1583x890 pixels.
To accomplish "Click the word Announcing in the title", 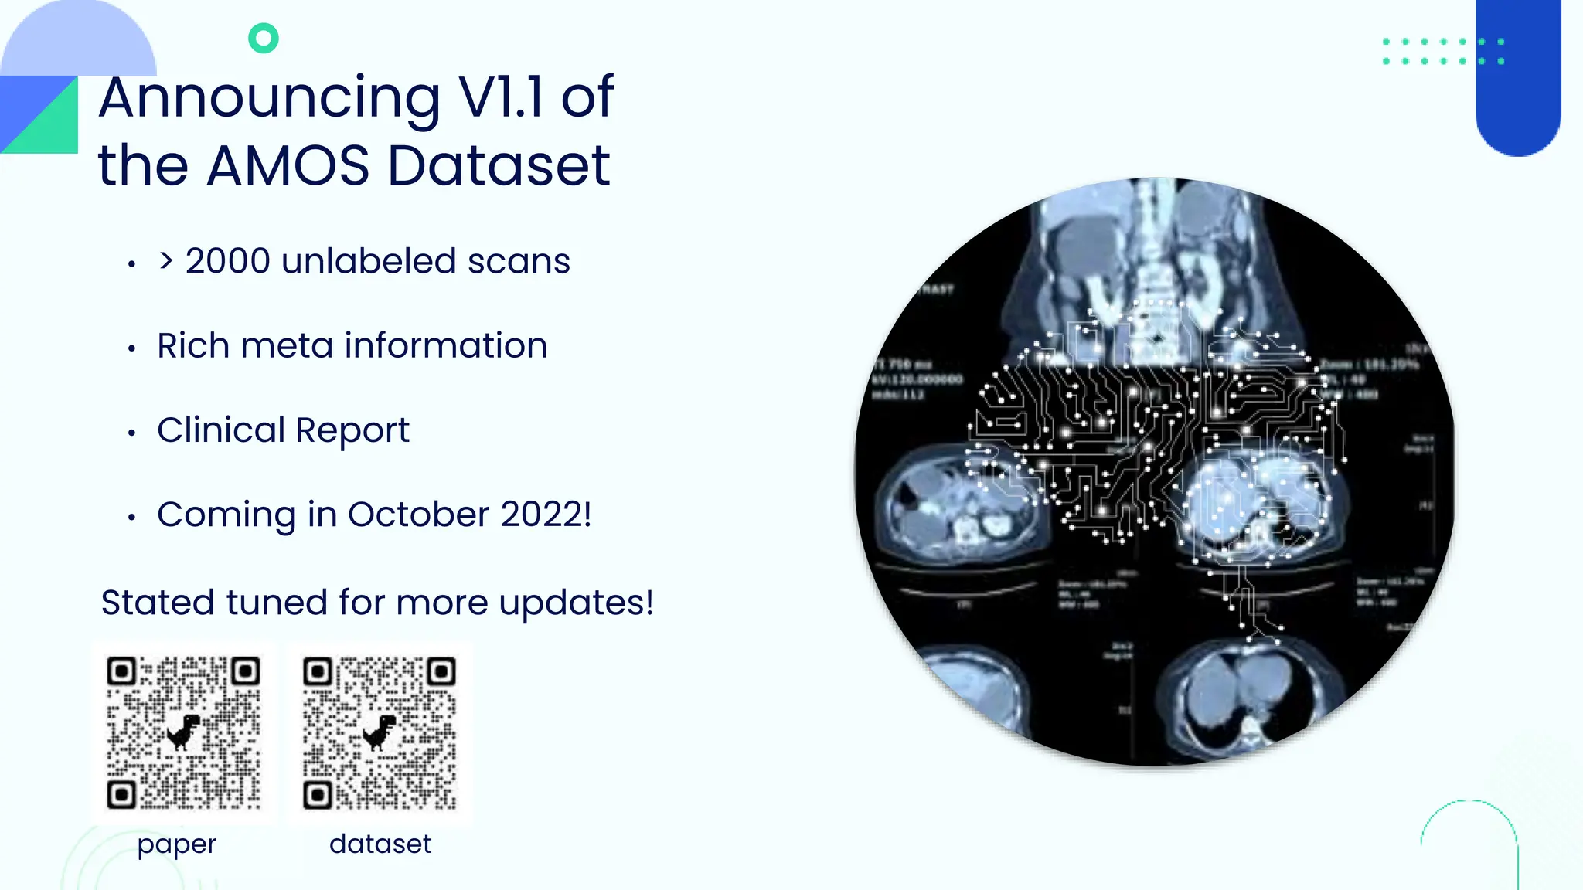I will (x=269, y=99).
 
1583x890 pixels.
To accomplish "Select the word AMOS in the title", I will (x=288, y=165).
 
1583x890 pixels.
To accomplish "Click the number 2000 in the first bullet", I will (x=228, y=261).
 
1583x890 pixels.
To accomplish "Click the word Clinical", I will (x=221, y=430).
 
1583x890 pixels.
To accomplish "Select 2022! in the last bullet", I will (x=546, y=515).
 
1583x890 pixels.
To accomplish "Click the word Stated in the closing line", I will (x=158, y=603).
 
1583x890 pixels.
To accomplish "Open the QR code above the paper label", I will (x=183, y=732).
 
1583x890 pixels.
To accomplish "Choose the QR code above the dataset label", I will (x=380, y=732).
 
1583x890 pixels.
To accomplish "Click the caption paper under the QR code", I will (x=177, y=844).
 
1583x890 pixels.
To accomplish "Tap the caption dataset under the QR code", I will (x=380, y=844).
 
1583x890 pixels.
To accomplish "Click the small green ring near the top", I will (x=264, y=38).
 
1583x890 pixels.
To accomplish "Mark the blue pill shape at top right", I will (x=1518, y=77).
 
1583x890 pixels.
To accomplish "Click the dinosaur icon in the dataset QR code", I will (x=380, y=732).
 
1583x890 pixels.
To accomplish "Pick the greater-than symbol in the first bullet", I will (x=165, y=261).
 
